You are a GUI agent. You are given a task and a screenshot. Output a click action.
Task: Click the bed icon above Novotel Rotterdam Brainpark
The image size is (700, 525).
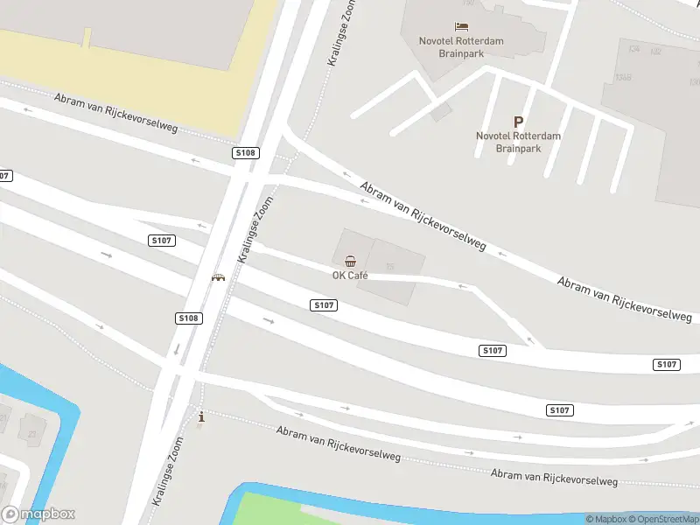click(461, 26)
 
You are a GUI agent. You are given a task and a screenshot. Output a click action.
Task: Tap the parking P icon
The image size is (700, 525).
click(518, 122)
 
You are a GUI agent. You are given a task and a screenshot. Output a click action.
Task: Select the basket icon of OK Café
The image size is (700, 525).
click(350, 261)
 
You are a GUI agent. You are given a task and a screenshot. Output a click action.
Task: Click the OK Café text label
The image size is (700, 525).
click(350, 276)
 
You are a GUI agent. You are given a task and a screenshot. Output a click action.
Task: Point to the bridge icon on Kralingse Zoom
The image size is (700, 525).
click(218, 276)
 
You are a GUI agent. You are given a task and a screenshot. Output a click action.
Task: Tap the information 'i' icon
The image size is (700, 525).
click(203, 417)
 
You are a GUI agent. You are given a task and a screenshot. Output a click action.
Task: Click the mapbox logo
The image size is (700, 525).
click(38, 514)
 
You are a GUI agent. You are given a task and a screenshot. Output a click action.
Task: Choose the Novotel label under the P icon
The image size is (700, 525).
click(518, 142)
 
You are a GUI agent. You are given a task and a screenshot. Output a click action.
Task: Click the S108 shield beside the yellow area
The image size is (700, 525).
click(246, 153)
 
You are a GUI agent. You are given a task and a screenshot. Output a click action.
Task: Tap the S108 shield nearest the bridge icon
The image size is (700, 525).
click(188, 318)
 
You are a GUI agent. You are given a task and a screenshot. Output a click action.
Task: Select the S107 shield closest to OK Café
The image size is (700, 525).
click(324, 304)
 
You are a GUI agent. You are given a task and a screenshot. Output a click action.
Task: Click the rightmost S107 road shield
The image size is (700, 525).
click(667, 364)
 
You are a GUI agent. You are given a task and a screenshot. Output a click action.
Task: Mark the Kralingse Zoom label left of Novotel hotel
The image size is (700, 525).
click(341, 32)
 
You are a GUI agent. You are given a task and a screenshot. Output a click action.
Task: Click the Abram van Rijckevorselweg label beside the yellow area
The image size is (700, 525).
click(115, 113)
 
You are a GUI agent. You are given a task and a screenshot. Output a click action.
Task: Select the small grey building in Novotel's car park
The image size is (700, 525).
click(441, 111)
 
